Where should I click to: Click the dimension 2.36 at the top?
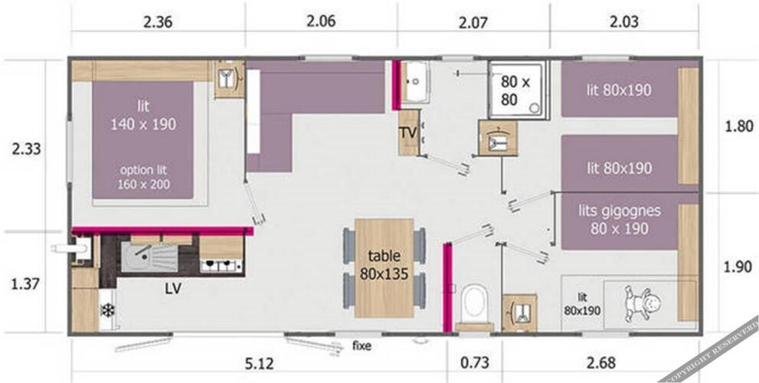(158, 22)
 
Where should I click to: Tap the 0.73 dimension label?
(475, 362)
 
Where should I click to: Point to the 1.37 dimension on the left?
(25, 283)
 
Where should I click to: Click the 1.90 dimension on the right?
(738, 267)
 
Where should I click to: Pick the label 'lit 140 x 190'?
(143, 115)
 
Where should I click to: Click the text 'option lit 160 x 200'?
(143, 177)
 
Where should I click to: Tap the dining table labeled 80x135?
(384, 268)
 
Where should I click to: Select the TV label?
(408, 133)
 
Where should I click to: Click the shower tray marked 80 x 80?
(517, 90)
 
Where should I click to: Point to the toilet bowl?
(474, 303)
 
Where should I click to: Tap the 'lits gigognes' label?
(620, 211)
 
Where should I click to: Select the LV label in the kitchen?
(173, 289)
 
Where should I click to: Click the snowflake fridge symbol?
(107, 310)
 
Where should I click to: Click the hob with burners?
(221, 265)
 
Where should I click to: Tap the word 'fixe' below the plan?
(362, 345)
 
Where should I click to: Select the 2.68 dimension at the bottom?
(600, 362)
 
